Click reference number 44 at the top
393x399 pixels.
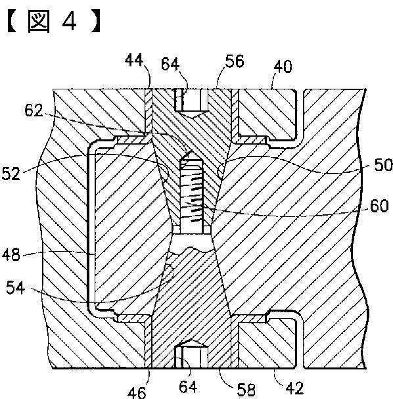134,61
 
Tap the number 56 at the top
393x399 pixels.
235,61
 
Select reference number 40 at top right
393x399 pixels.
283,66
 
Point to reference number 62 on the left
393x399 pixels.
34,110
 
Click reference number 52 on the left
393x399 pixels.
11,174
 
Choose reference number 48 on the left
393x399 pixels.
11,255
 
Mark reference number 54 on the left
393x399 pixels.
16,288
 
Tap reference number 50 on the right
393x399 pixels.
383,165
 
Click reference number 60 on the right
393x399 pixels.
379,206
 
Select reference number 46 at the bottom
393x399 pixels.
137,392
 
